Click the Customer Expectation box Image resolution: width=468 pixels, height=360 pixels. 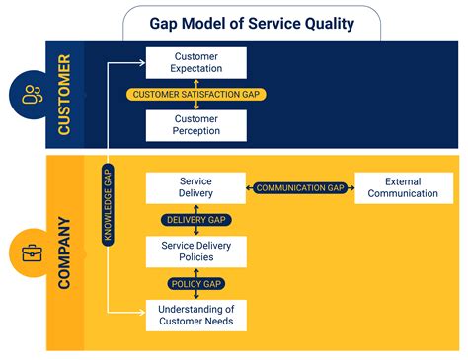[195, 63]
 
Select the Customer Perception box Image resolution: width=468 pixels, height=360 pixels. [195, 124]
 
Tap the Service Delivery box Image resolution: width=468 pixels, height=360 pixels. [195, 187]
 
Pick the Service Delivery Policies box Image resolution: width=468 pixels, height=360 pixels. [195, 251]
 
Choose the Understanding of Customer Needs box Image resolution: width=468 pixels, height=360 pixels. [195, 314]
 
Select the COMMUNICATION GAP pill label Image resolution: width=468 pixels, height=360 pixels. [300, 187]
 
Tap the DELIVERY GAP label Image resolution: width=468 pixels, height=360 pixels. [195, 220]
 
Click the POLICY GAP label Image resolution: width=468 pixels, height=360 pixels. [195, 283]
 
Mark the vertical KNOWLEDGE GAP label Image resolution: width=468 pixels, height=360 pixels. [109, 205]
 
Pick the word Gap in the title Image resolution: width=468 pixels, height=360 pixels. [165, 22]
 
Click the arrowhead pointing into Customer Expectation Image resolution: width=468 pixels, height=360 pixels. [141, 63]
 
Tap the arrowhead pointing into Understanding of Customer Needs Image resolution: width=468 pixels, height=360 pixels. [141, 314]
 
